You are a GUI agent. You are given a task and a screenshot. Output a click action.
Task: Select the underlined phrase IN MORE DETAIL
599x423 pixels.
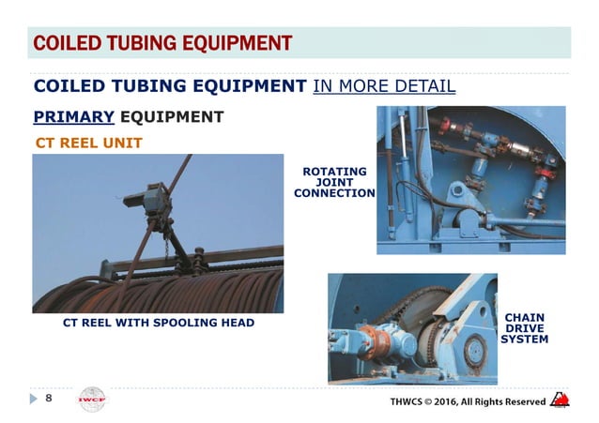[x=385, y=87]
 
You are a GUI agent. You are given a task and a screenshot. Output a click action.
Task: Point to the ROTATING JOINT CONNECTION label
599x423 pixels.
[x=334, y=182]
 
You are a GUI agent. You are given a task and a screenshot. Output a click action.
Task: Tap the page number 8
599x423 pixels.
[x=50, y=398]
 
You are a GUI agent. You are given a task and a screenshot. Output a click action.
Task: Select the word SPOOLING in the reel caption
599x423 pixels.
[x=183, y=324]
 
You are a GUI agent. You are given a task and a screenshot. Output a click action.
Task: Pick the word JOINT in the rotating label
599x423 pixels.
[x=334, y=182]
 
